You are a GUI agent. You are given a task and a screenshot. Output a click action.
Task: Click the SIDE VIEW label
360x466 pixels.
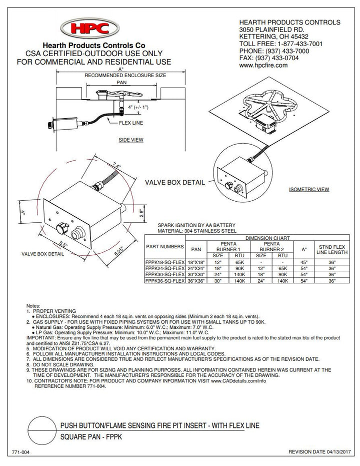[x=131, y=140]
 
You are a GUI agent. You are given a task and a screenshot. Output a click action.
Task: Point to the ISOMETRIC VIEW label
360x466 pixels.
[x=309, y=190]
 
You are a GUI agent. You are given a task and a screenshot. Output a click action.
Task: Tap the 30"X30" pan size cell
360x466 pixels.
[x=198, y=275]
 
